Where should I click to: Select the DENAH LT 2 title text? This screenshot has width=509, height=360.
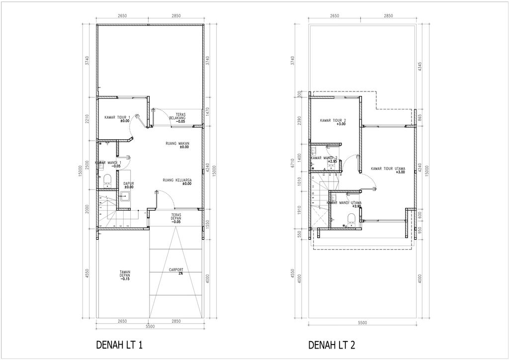(x=332, y=345)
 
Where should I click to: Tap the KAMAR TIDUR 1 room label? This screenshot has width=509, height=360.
(x=117, y=117)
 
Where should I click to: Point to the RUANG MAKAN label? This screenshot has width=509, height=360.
(x=178, y=144)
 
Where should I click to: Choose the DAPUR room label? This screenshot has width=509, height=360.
(x=129, y=183)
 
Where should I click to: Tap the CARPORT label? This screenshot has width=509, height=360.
(x=176, y=270)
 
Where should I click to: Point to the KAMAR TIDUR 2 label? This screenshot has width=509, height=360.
(x=333, y=120)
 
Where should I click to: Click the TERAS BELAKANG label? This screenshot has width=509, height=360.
(x=177, y=116)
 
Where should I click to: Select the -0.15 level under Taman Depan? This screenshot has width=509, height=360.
(x=125, y=279)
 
